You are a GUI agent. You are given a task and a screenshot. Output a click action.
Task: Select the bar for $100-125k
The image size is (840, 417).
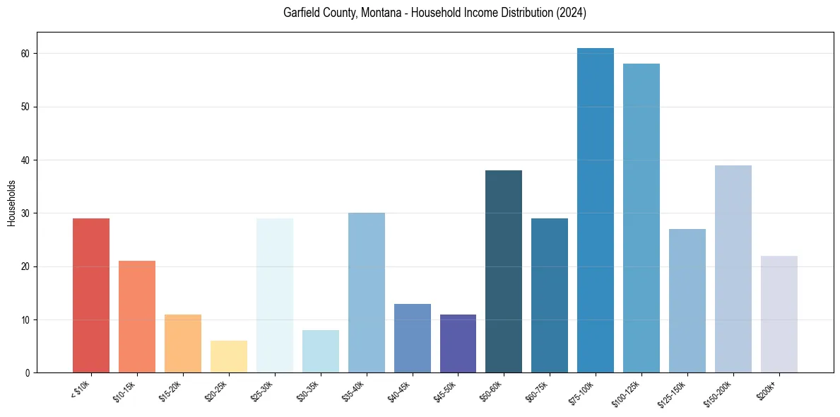(641, 218)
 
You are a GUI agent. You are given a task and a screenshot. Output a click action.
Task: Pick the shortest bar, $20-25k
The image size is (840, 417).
(229, 357)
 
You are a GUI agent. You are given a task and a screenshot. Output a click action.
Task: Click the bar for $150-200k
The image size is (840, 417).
(733, 269)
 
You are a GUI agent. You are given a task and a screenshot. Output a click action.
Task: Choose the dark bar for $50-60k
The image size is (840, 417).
(504, 271)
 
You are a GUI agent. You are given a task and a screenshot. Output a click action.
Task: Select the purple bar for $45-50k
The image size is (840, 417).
(458, 343)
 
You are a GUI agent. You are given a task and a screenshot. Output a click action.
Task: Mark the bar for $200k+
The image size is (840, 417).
(779, 314)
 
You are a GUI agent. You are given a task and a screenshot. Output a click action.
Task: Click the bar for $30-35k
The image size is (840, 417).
(321, 351)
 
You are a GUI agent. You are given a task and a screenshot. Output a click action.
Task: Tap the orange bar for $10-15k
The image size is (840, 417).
(137, 317)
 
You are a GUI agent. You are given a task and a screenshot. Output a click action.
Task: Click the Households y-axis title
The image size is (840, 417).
(11, 203)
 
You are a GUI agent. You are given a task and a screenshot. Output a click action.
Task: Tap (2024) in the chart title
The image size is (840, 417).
(572, 13)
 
